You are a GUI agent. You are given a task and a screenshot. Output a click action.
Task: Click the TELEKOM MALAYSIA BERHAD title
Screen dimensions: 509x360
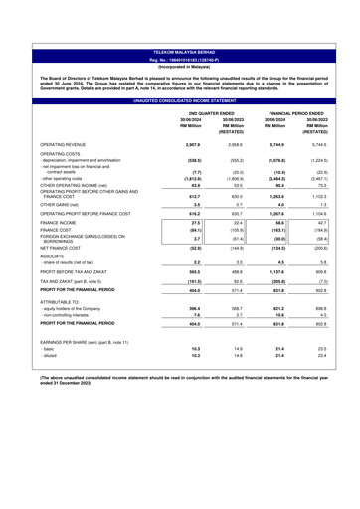click(x=179, y=11)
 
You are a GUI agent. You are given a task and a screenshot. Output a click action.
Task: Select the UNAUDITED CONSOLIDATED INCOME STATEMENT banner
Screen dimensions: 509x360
click(x=179, y=75)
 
